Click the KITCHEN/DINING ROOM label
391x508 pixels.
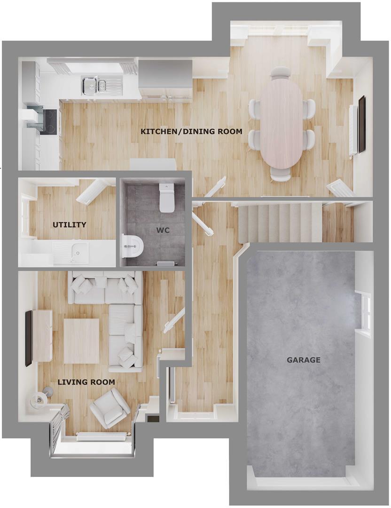[x=191, y=132]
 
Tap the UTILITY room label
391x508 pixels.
[x=69, y=225]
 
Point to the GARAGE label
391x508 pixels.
[x=304, y=360]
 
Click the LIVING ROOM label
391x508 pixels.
[x=86, y=382]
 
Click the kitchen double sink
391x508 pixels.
[x=95, y=85]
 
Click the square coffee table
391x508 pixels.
[x=81, y=341]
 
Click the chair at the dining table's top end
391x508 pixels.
[x=281, y=72]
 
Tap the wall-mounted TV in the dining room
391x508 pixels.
[x=362, y=124]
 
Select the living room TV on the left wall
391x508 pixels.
[x=28, y=338]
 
